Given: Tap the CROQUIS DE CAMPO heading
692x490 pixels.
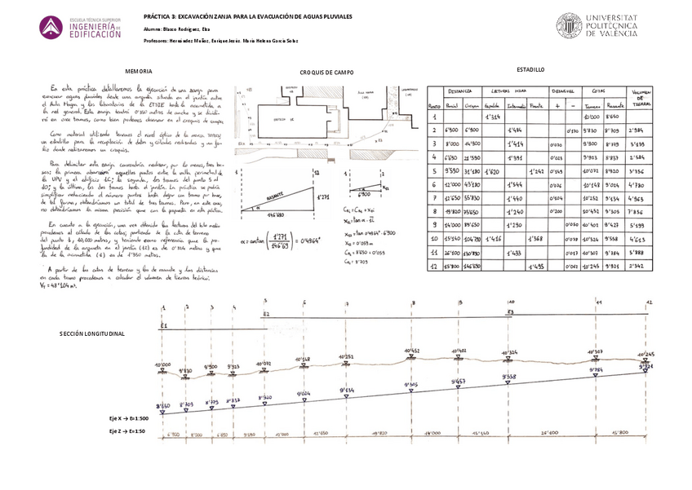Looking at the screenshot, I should click(326, 73).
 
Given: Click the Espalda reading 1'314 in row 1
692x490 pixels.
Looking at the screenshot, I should click(491, 117).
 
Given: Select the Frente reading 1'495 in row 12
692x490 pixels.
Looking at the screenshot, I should click(535, 267).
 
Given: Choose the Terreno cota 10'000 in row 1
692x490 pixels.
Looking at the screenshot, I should click(593, 117).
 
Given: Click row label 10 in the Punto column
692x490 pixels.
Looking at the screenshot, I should click(435, 239).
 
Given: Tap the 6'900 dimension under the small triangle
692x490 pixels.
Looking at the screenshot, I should click(368, 195).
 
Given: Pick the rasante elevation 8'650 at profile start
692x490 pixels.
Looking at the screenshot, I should click(162, 404).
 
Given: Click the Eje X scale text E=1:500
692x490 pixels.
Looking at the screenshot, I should click(128, 417).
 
